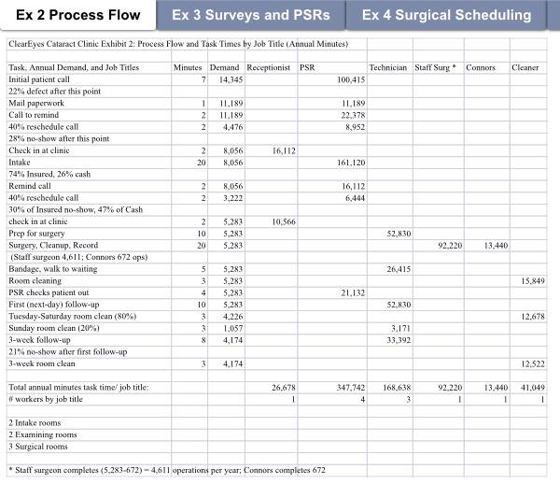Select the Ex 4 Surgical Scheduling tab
coord(446,15)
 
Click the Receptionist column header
coord(269,68)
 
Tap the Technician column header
coord(388,68)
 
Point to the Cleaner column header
coord(525,68)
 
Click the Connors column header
coord(481,68)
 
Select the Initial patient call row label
coord(46,80)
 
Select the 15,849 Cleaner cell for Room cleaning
coord(530,280)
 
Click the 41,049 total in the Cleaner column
coord(530,387)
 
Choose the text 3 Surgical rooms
coord(38,447)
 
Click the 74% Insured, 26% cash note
coord(49,174)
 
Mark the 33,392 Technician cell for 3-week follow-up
coord(397,340)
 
